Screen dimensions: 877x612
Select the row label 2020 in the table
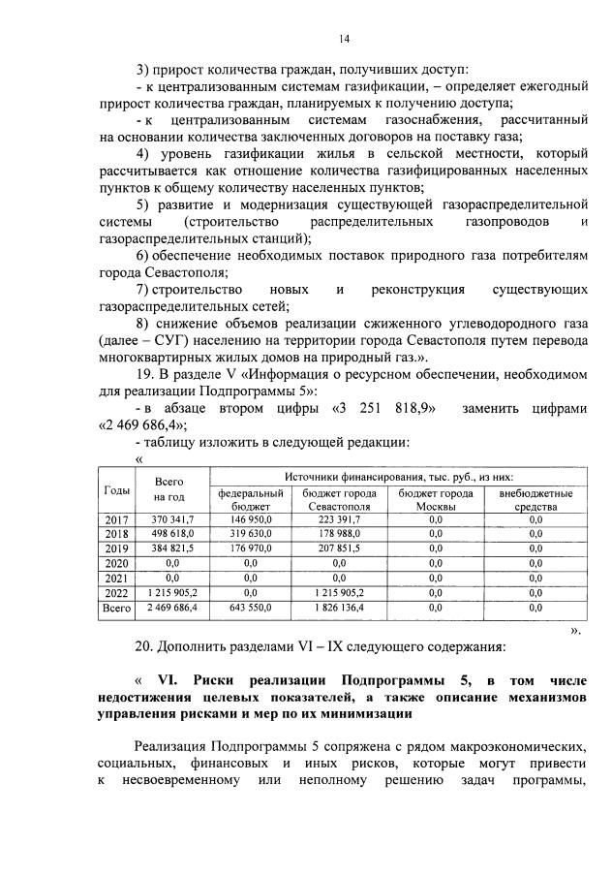[116, 561]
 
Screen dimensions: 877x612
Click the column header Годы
[116, 491]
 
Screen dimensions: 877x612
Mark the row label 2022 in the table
[116, 592]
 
